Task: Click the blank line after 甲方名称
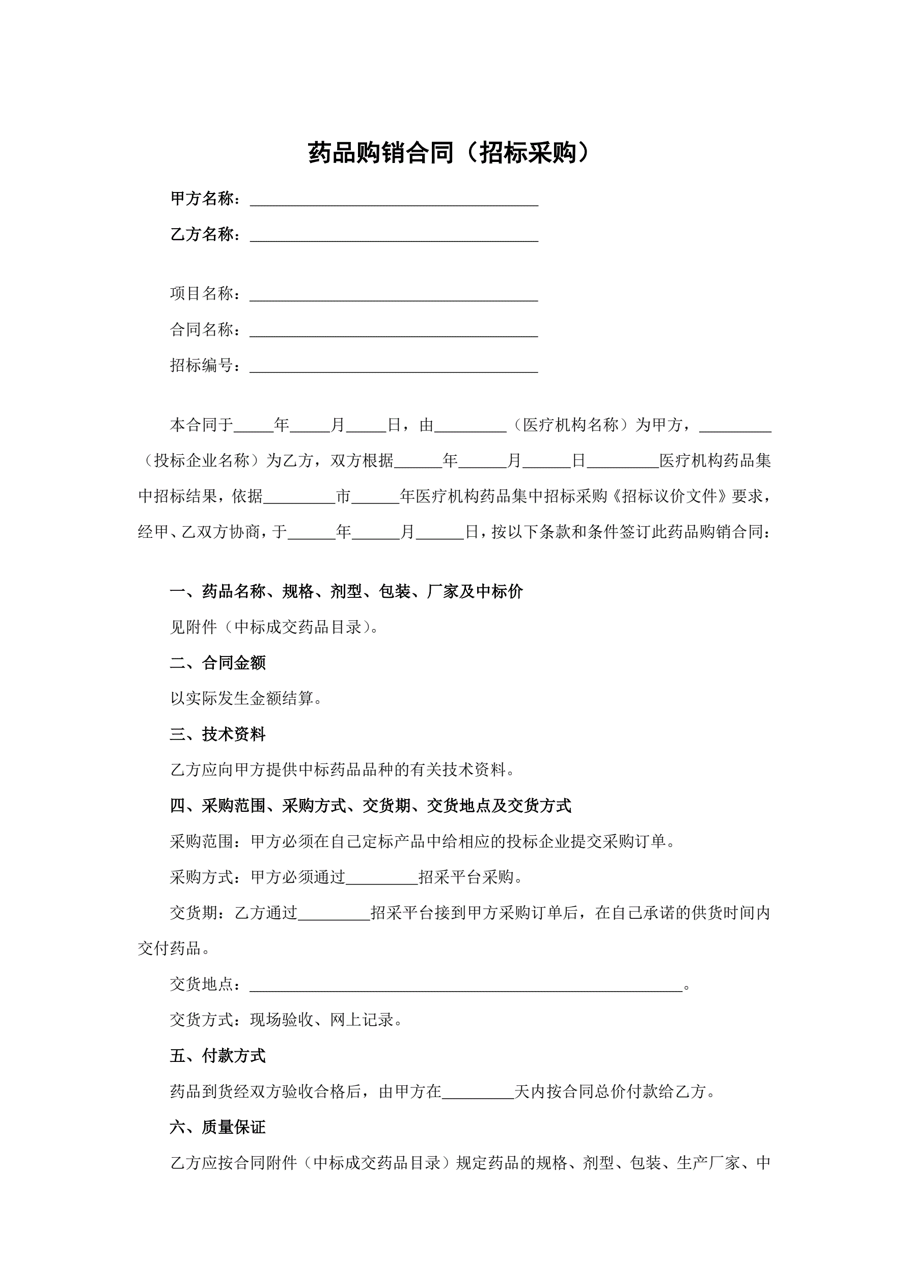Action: click(394, 200)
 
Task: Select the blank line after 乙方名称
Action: click(394, 236)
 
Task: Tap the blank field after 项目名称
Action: click(394, 295)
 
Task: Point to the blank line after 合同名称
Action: click(394, 331)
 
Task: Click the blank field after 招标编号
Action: click(394, 367)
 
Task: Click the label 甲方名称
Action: click(202, 199)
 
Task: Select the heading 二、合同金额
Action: click(218, 663)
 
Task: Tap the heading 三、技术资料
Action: click(218, 734)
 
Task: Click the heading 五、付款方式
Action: click(218, 1056)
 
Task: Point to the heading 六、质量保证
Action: click(218, 1127)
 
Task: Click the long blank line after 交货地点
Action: click(465, 986)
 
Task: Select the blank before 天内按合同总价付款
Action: click(478, 1092)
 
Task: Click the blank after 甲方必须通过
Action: click(382, 878)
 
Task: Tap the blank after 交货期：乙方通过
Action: click(334, 914)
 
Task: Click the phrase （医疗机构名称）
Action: click(570, 425)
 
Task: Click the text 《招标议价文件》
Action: click(669, 497)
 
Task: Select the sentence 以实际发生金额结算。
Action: click(246, 698)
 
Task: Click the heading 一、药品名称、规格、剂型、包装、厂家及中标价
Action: click(346, 592)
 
